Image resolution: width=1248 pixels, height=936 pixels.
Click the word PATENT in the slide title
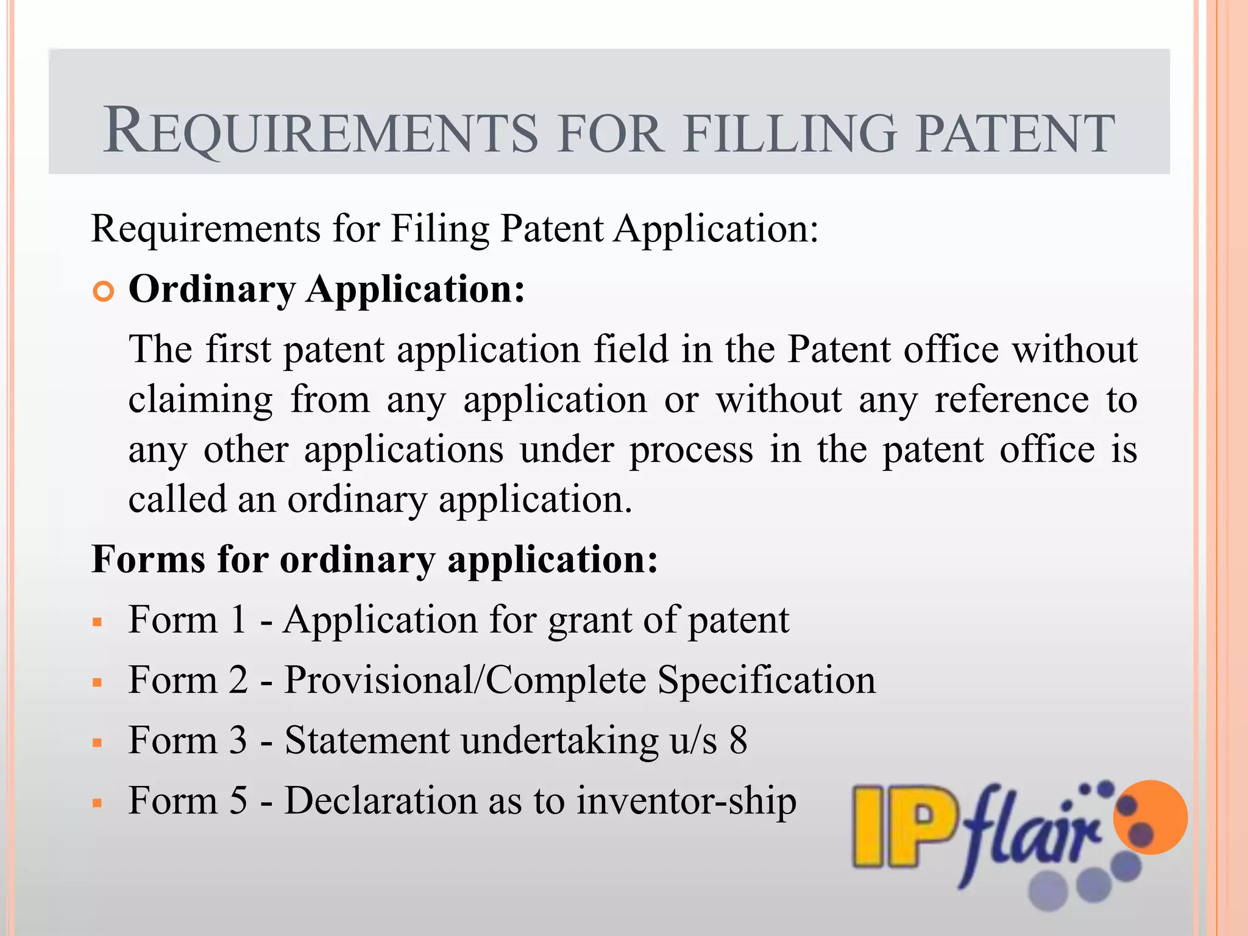[x=1015, y=133]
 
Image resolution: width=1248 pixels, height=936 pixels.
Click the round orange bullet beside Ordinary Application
[x=104, y=292]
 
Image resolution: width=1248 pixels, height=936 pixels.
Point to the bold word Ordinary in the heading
[x=211, y=289]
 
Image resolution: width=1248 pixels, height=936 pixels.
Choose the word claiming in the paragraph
[x=200, y=400]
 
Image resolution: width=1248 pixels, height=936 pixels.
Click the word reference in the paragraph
[x=1012, y=400]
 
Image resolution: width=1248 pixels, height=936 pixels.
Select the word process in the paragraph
[x=691, y=450]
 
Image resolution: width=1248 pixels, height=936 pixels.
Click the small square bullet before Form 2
[x=97, y=682]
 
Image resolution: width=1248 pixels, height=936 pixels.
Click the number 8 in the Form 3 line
[x=738, y=740]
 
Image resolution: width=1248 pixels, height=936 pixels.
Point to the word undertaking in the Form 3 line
[x=559, y=742]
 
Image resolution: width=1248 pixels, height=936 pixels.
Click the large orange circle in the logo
[x=1150, y=817]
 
